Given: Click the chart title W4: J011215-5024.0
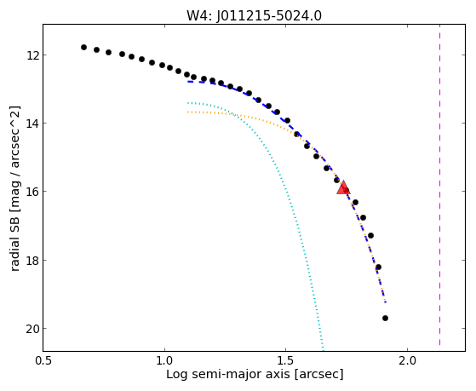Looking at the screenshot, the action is click(254, 15).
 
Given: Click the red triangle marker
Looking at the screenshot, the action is click(343, 187).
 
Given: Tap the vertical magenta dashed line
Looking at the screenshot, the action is click(439, 185).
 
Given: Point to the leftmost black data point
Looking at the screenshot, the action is click(83, 47).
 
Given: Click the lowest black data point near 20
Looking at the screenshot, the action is click(385, 318).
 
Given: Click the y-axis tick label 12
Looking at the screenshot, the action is click(32, 55).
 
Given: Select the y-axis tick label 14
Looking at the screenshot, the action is click(32, 124).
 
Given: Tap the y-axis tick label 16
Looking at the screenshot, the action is click(32, 192).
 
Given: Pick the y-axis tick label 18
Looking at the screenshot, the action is click(32, 261).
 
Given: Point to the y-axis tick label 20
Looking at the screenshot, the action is click(32, 329).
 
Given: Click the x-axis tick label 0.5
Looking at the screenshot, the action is click(43, 360).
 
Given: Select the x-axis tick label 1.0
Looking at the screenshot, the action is click(164, 360).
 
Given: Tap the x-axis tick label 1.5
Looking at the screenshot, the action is click(285, 360).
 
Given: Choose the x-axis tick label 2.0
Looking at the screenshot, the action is click(407, 360).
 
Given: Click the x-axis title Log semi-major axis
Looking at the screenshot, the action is click(228, 374).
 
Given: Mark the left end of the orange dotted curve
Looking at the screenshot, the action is click(188, 112).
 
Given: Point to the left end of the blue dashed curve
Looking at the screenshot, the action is click(188, 82).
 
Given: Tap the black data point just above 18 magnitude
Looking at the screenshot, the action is click(378, 267).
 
